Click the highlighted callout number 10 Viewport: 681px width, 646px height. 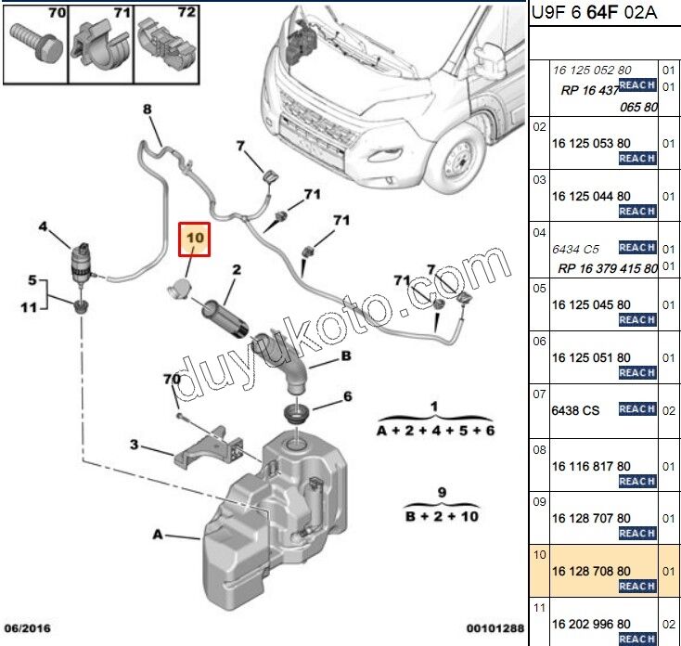point(195,239)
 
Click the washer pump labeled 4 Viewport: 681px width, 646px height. point(83,262)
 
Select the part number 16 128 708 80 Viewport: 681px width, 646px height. point(591,570)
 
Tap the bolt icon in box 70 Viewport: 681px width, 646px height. point(34,37)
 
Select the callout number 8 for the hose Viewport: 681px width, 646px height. point(147,110)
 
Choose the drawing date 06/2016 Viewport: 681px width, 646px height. point(27,629)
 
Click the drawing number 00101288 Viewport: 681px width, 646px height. point(493,629)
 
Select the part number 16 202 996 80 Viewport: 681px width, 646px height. point(591,624)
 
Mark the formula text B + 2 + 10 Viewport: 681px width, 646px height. point(442,515)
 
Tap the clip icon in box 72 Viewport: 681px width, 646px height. point(162,39)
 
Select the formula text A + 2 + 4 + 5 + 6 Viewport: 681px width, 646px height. point(436,432)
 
